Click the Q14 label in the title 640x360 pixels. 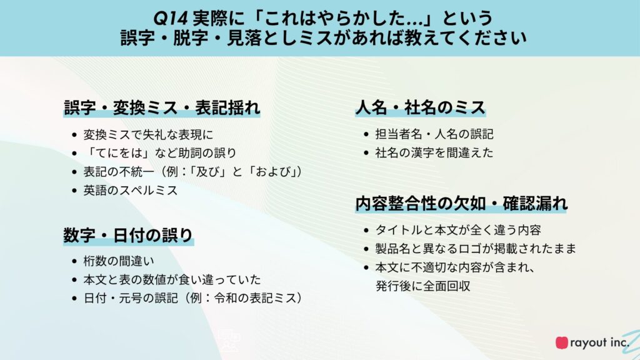pyautogui.click(x=170, y=18)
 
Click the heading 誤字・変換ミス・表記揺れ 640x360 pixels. pyautogui.click(x=162, y=107)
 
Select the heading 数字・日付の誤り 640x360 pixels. pyautogui.click(x=128, y=235)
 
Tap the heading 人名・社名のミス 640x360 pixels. pyautogui.click(x=421, y=107)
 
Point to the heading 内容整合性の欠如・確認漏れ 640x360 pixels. pyautogui.click(x=461, y=203)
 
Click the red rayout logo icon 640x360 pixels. pyautogui.click(x=562, y=342)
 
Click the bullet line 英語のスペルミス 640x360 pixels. pyautogui.click(x=131, y=190)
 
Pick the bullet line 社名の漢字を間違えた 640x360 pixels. pyautogui.click(x=434, y=152)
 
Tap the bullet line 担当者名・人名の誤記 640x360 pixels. pyautogui.click(x=434, y=134)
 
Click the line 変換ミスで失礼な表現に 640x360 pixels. pyautogui.click(x=148, y=134)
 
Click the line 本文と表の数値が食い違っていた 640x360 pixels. pyautogui.click(x=172, y=279)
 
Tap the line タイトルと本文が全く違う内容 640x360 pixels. pyautogui.click(x=458, y=230)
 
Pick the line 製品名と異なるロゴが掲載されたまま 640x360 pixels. pyautogui.click(x=476, y=248)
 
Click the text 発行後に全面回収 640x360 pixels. pyautogui.click(x=423, y=286)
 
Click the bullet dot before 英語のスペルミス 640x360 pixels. pyautogui.click(x=74, y=191)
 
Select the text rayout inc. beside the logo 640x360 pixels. pyautogui.click(x=599, y=342)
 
